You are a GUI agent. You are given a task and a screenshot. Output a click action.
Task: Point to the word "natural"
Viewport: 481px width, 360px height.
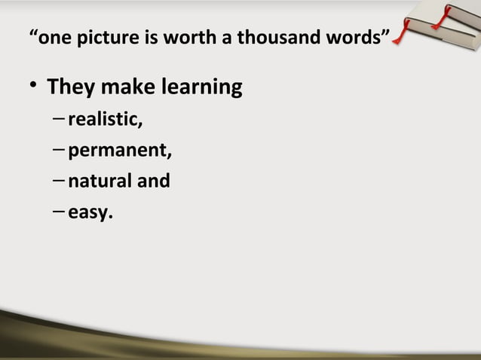click(99, 182)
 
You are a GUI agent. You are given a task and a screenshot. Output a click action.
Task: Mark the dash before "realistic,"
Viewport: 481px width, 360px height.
click(60, 121)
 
